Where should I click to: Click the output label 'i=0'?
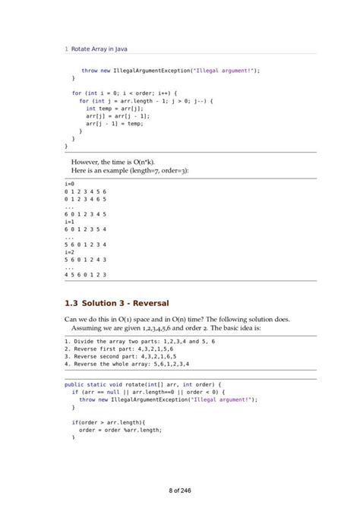[69, 184]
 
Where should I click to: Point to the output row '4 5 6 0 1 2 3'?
[85, 273]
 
